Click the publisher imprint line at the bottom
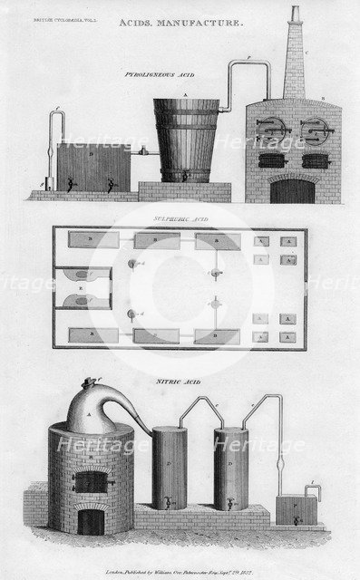[x=179, y=560]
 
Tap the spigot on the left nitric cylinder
[x=168, y=499]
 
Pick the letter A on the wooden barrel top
[x=185, y=93]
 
